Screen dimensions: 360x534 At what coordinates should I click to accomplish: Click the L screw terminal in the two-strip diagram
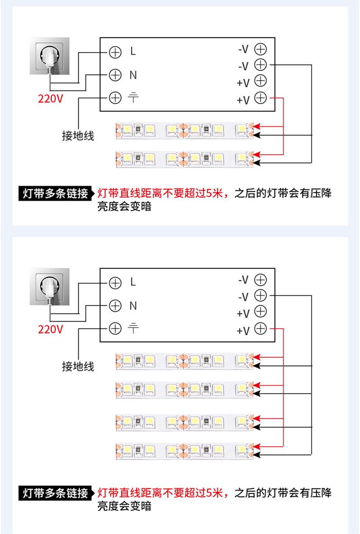(x=115, y=52)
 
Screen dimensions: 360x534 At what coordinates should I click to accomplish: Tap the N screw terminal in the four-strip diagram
(x=115, y=305)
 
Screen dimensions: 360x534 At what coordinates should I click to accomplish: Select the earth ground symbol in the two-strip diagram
(x=133, y=98)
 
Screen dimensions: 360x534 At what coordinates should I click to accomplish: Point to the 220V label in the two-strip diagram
(x=50, y=99)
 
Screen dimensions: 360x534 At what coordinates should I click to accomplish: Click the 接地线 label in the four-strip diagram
(x=78, y=367)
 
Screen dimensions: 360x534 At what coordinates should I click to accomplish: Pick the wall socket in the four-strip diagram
(x=50, y=287)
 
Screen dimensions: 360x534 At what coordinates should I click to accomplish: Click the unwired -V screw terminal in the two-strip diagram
(x=261, y=49)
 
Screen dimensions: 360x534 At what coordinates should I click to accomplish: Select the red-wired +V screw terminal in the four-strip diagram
(x=261, y=328)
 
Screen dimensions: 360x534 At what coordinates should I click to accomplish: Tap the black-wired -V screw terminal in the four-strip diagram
(x=261, y=295)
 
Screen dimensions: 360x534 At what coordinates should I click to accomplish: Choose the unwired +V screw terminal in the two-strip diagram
(x=261, y=81)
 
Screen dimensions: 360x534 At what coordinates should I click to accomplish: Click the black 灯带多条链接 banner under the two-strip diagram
(x=56, y=193)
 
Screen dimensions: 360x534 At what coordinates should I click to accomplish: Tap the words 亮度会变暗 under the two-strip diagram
(x=124, y=206)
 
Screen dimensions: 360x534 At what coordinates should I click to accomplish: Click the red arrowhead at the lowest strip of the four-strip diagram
(x=257, y=446)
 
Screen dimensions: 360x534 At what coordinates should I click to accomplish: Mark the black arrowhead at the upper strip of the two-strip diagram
(x=257, y=135)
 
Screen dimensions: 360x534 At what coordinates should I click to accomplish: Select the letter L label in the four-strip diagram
(x=133, y=282)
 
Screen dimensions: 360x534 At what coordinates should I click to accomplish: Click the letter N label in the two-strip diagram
(x=133, y=75)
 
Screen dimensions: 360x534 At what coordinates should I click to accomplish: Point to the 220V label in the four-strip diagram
(x=50, y=329)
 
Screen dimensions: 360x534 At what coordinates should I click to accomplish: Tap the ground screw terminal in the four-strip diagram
(x=115, y=328)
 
